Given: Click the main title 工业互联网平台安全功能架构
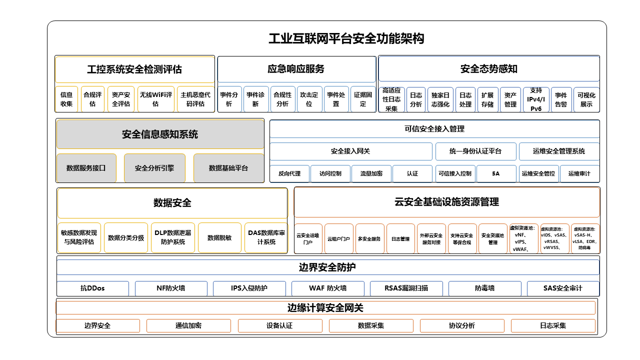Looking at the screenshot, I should point(346,38).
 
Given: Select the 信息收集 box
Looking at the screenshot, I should point(66,99).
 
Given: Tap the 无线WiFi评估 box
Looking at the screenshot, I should point(155,99).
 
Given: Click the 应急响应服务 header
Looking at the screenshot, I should point(296,69).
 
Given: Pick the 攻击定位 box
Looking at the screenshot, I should point(309,99).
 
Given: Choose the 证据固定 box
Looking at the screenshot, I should point(363,99).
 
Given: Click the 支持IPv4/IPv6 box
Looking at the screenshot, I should point(536,99).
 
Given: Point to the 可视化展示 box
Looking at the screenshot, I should point(586,99).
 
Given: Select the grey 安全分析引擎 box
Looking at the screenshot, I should point(154,168).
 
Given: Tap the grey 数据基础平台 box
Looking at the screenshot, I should point(228,168).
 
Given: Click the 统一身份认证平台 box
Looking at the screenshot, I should point(475,151).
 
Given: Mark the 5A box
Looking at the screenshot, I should point(496,173).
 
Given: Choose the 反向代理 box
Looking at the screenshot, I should point(289,173).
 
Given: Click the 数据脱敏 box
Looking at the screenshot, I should point(219,237).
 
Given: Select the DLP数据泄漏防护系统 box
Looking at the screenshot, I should point(172,237).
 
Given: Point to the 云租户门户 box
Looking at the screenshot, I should point(339,238).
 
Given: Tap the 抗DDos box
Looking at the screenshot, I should point(92,288).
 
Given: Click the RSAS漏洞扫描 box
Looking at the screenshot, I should point(406,288).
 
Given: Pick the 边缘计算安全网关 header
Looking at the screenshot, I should point(325,307).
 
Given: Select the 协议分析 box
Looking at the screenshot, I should point(461,325).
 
